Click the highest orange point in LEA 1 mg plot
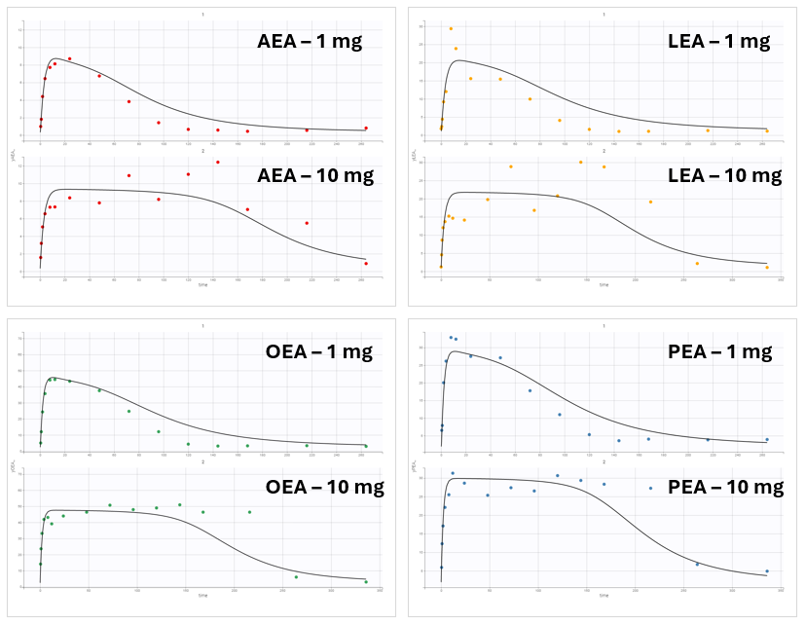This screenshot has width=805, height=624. (451, 28)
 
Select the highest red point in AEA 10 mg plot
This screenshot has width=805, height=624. (218, 162)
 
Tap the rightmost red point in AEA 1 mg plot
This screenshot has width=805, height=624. (366, 128)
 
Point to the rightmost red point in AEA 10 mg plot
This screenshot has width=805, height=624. (366, 263)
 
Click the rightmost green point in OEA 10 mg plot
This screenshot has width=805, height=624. (366, 581)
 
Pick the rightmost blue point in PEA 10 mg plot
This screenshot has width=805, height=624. (767, 571)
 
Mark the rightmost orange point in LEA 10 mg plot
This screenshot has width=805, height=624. (767, 267)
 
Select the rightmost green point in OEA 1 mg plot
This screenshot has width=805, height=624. (366, 446)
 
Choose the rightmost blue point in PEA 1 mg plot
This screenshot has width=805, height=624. (767, 439)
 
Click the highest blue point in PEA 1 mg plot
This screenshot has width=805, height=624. (450, 337)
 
